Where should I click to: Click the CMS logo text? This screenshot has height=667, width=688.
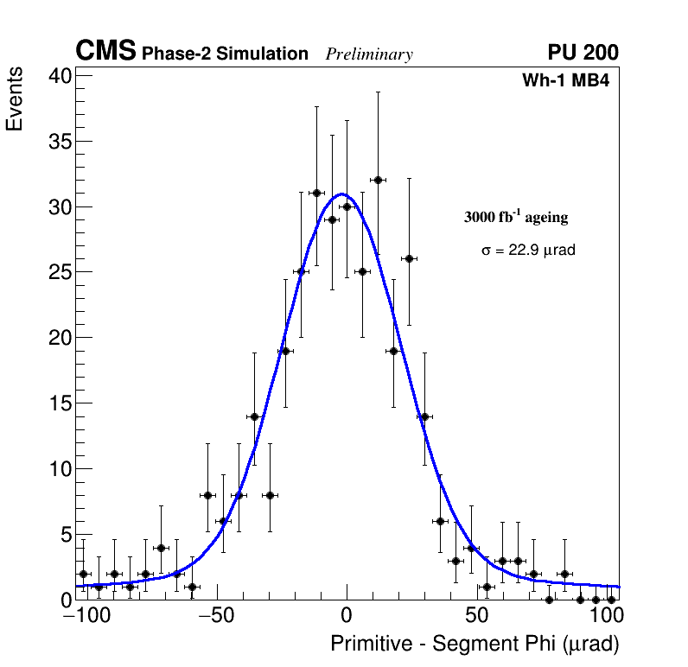[x=105, y=52]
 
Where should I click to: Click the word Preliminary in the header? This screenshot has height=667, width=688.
[x=369, y=54]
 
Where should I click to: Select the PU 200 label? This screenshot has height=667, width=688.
[x=583, y=53]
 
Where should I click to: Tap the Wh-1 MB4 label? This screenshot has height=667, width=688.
[x=566, y=81]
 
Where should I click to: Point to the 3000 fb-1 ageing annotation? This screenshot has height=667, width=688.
[x=516, y=217]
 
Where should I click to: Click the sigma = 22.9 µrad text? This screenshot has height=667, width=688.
[x=528, y=250]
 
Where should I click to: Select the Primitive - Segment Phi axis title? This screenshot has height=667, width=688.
[x=475, y=645]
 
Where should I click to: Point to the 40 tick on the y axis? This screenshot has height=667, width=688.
[x=60, y=75]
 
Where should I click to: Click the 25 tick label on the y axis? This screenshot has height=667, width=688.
[x=60, y=272]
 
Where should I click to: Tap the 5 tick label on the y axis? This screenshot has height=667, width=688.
[x=65, y=535]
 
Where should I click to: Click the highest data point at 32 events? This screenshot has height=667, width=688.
[x=378, y=180]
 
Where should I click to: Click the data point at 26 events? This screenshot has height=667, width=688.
[x=409, y=258]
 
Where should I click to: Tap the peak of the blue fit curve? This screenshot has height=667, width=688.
[x=343, y=194]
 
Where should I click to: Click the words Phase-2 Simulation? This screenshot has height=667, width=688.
[x=225, y=54]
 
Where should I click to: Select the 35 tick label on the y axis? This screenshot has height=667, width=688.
[x=60, y=141]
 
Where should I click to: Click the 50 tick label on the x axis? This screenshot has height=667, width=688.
[x=476, y=616]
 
